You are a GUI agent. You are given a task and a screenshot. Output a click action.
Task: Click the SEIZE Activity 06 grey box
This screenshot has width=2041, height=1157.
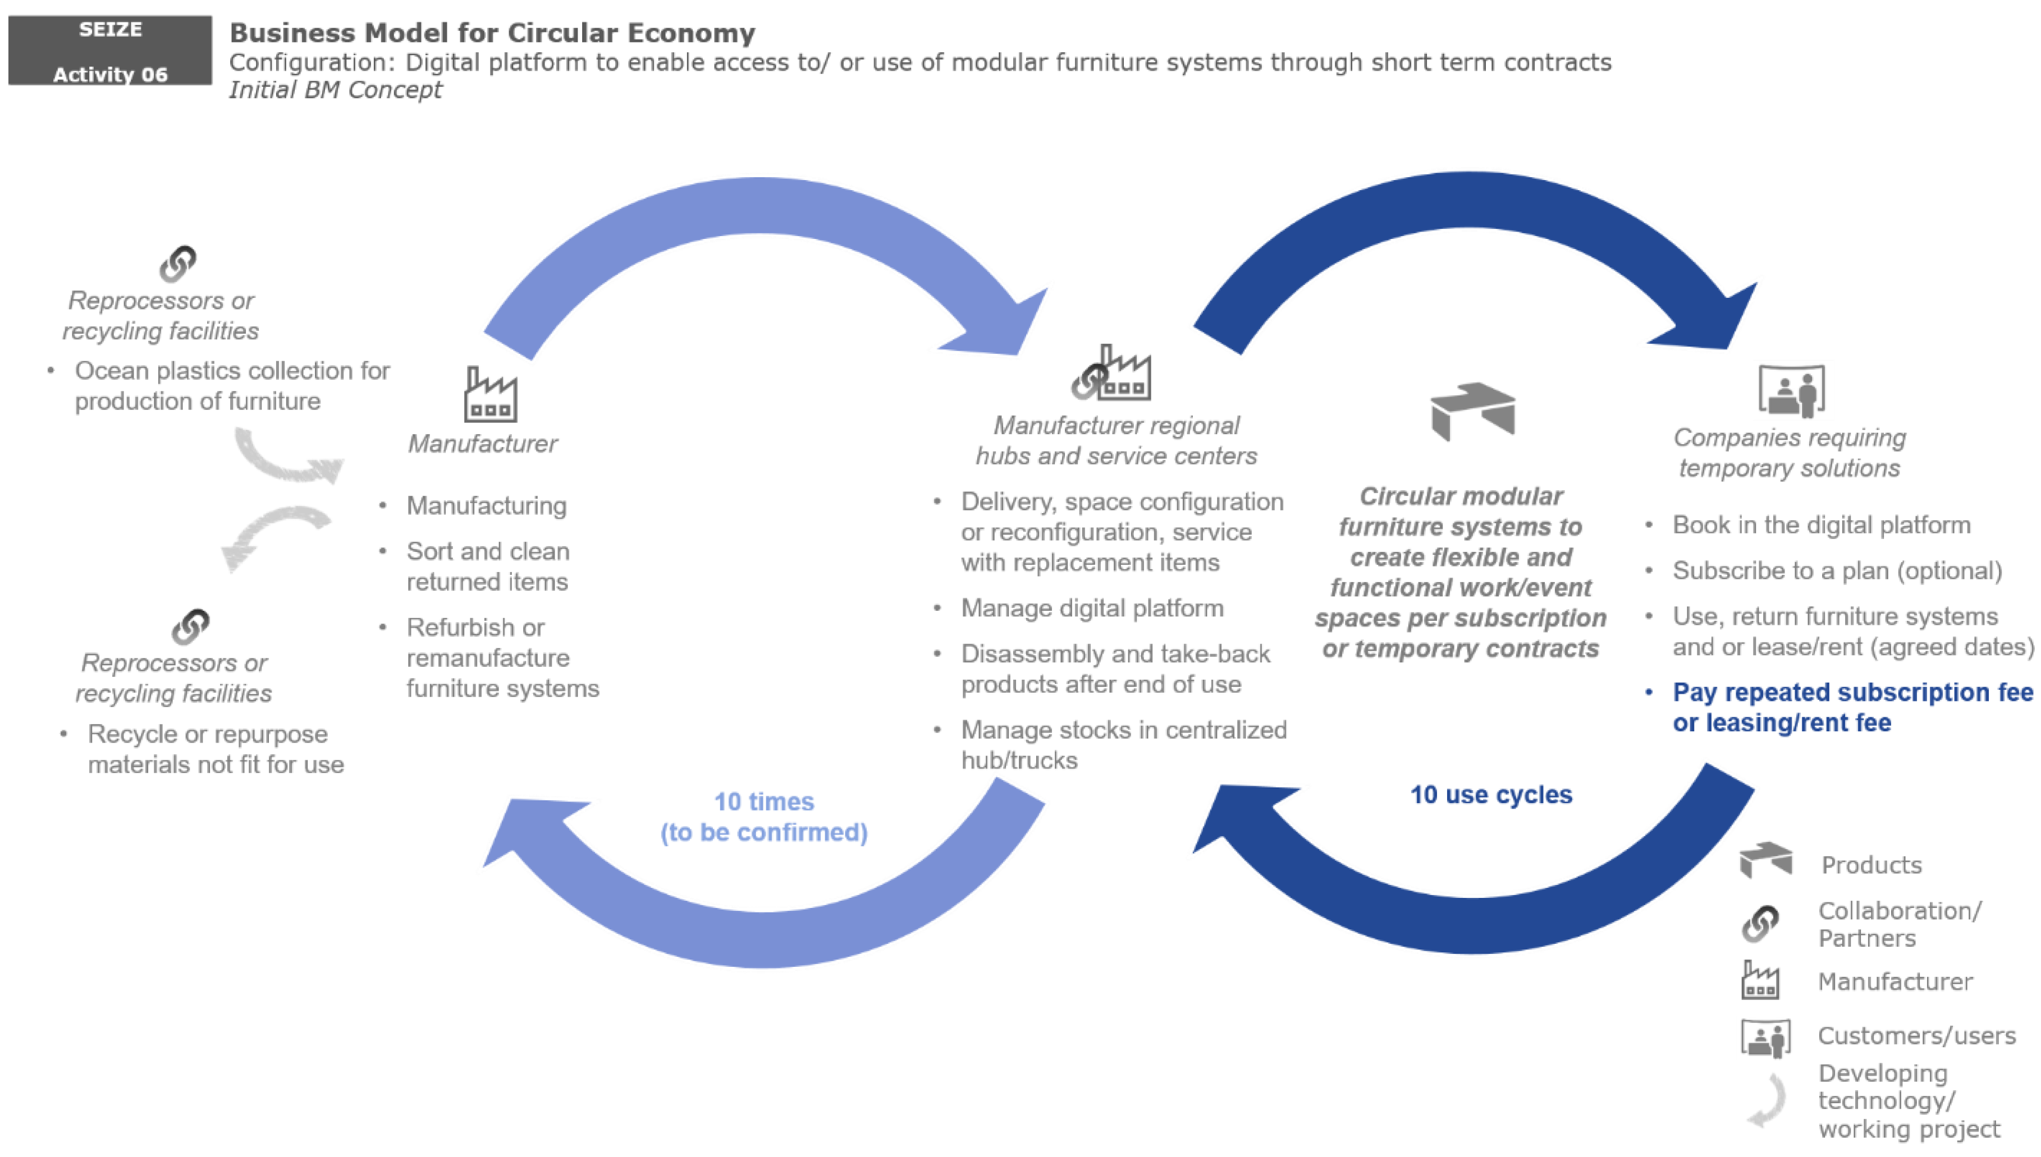click(x=109, y=50)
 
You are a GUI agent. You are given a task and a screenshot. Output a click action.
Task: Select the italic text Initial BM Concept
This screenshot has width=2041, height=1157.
click(x=335, y=90)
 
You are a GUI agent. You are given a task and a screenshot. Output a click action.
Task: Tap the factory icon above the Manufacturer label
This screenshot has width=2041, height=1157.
click(x=490, y=395)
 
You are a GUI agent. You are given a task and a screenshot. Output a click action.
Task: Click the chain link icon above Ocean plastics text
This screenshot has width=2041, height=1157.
click(x=177, y=264)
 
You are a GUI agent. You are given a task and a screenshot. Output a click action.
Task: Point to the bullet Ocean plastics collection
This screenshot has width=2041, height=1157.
click(x=231, y=385)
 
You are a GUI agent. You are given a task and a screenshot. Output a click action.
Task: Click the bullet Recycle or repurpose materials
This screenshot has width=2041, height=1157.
click(x=214, y=749)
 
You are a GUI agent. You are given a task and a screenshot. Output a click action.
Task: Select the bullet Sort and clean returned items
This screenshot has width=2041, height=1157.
click(x=487, y=566)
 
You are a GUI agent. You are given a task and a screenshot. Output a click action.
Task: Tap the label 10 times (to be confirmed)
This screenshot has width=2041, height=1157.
click(x=763, y=816)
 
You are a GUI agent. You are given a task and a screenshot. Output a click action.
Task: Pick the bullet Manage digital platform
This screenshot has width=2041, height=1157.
click(x=1092, y=608)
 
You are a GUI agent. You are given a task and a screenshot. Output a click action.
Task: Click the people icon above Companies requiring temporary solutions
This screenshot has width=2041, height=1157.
click(x=1791, y=390)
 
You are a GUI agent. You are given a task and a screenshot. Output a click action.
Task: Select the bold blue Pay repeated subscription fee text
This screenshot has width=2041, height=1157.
click(x=1852, y=707)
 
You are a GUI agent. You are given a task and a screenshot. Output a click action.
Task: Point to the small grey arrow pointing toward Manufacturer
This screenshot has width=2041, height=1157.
click(x=288, y=459)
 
